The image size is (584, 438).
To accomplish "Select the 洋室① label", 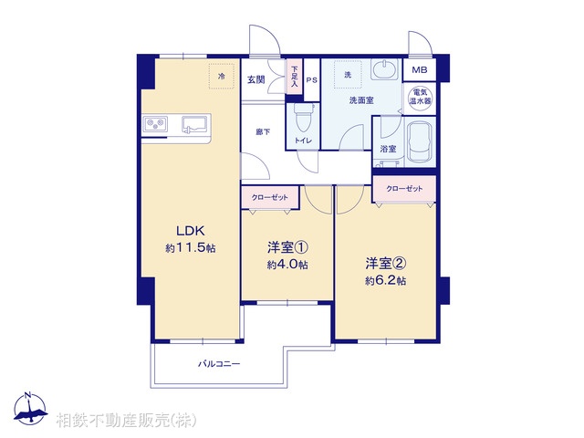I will (287, 248).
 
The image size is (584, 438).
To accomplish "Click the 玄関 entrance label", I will (255, 80).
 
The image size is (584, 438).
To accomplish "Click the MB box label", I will (419, 71).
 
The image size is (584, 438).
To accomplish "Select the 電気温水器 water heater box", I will (421, 98).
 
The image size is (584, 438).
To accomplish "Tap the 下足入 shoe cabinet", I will (294, 73).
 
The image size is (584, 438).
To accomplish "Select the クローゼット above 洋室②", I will (404, 189).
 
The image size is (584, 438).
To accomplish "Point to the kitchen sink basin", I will (194, 124).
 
